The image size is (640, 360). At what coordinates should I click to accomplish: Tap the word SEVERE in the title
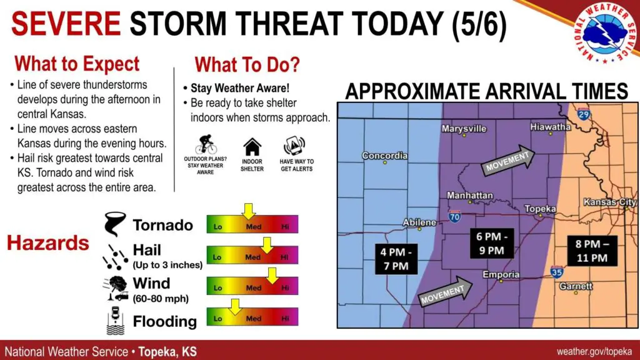click(66, 24)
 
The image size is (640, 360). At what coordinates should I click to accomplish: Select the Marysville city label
click(464, 129)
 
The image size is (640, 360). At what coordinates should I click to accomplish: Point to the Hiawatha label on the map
click(550, 127)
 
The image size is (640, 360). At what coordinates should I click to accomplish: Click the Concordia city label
click(384, 156)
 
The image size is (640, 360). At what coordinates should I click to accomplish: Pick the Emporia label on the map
click(501, 274)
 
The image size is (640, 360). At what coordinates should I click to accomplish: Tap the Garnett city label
click(576, 286)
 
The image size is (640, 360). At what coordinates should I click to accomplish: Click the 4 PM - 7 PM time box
click(396, 259)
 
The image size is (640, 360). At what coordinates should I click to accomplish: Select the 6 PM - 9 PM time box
click(491, 244)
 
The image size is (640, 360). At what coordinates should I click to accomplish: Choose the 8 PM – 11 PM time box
click(592, 251)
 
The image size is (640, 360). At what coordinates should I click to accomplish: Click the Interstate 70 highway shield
click(454, 216)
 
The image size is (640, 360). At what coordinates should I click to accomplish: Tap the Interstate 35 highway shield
click(556, 272)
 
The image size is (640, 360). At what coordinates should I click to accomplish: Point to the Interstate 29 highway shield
click(584, 114)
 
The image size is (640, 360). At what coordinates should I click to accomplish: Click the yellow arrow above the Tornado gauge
click(248, 211)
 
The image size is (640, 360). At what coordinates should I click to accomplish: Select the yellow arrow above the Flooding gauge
click(235, 307)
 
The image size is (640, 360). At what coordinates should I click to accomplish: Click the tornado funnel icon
click(114, 224)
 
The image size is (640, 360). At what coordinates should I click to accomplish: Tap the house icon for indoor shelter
click(252, 147)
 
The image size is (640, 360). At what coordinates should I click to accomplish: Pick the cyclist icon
click(206, 144)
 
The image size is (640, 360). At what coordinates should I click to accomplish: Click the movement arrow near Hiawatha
click(508, 159)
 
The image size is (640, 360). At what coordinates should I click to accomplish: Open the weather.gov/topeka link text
click(594, 351)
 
